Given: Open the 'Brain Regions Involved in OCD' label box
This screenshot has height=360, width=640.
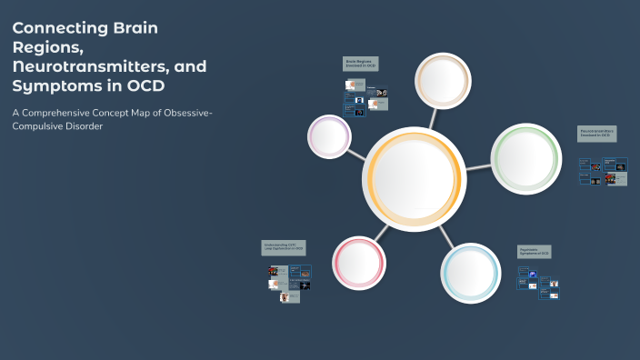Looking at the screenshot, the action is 360,64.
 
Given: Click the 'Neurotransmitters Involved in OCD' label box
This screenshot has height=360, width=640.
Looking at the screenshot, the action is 597,134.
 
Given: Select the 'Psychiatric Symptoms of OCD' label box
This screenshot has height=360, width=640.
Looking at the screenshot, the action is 535,251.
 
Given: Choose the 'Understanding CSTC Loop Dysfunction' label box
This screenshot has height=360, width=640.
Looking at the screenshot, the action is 285,246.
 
